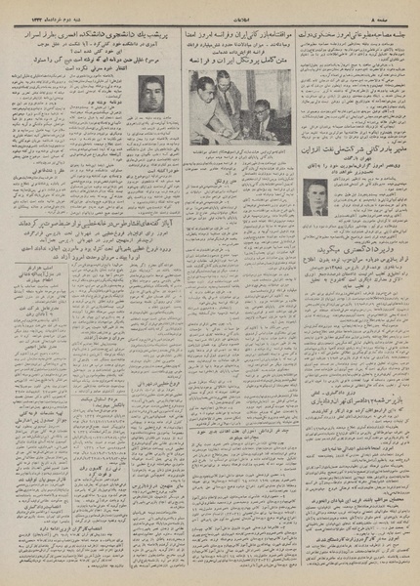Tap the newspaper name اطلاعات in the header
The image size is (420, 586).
tap(210, 6)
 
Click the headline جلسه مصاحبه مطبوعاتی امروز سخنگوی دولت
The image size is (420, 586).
tap(352, 21)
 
